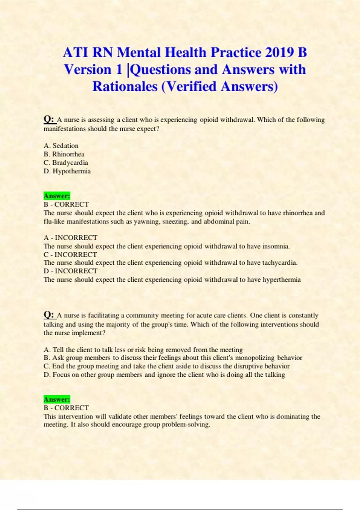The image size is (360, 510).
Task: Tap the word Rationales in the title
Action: (124, 87)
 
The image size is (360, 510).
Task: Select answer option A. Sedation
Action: (61, 146)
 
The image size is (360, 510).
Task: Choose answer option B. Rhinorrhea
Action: (64, 154)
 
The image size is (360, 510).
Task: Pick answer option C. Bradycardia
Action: (66, 163)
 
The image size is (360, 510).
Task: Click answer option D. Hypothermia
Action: (67, 171)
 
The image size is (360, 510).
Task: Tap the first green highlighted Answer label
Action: (57, 196)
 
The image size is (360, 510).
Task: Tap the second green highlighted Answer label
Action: (57, 399)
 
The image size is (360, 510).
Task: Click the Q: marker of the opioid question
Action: (49, 119)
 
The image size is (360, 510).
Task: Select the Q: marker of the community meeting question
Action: (49, 315)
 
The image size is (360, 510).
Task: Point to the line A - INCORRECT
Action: (70, 238)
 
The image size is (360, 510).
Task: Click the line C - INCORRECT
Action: (70, 254)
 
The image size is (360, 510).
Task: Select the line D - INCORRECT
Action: (70, 271)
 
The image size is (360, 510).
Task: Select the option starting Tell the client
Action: (143, 350)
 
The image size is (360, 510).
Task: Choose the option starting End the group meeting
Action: (166, 366)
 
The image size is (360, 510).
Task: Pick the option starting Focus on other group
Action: (164, 375)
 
